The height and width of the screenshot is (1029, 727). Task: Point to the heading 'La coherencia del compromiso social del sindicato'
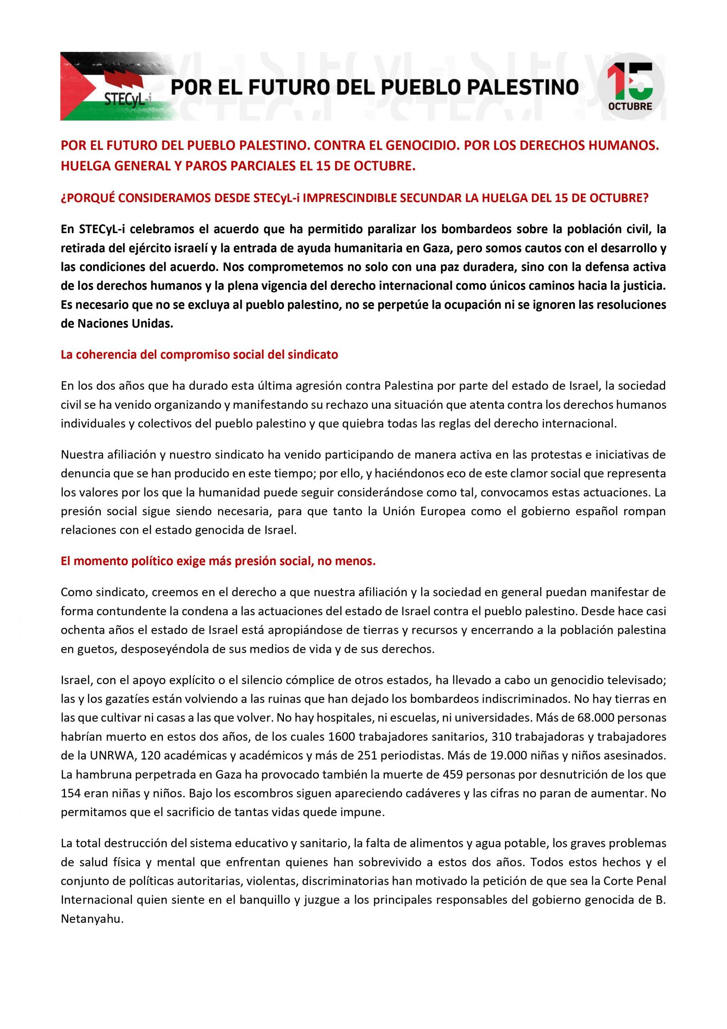[x=199, y=355]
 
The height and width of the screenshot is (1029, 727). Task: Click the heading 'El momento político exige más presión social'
[x=218, y=561]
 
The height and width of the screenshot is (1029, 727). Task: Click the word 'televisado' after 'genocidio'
[x=636, y=680]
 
